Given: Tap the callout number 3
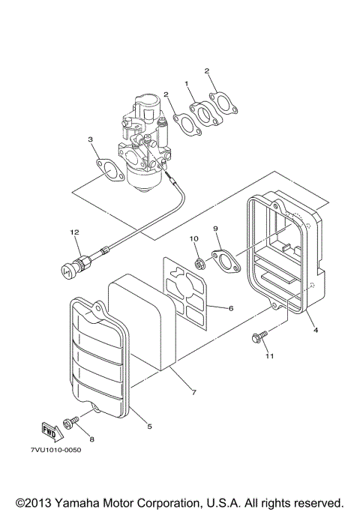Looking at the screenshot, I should coord(90,139).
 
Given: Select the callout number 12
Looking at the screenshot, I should coord(75,233).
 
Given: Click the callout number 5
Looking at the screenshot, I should coord(149,427).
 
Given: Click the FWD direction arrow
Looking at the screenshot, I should coord(49,430).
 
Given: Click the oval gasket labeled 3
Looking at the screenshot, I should coord(106,171).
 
